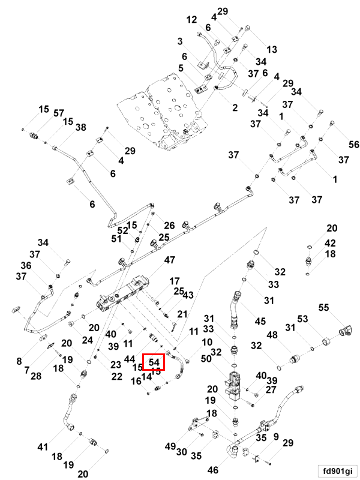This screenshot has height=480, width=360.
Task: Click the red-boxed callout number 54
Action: coord(154,362)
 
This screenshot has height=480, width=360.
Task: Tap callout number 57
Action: coord(58,113)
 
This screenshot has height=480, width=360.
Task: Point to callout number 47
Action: coord(169,260)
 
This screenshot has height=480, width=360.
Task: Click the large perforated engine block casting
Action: coord(163,112)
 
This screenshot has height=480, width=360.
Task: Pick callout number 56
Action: coord(354,144)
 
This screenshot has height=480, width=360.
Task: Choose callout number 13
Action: coord(272,50)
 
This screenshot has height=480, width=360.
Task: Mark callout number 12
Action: coord(191,20)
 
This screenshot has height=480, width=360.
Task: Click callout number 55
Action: coord(323,307)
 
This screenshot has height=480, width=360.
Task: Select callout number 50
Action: coord(206,358)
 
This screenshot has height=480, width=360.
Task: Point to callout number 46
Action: coord(213,470)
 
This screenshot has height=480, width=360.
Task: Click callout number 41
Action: coord(43,446)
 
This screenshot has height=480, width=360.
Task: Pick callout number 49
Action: coord(170,446)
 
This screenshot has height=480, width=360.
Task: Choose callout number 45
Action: coord(260,321)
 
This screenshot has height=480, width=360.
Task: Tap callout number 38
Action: coord(81,127)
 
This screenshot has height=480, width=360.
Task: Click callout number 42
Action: coord(330,243)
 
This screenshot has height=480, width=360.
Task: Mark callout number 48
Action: coord(272,335)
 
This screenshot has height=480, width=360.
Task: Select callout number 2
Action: coord(235,108)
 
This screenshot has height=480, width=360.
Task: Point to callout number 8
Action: coord(19,361)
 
